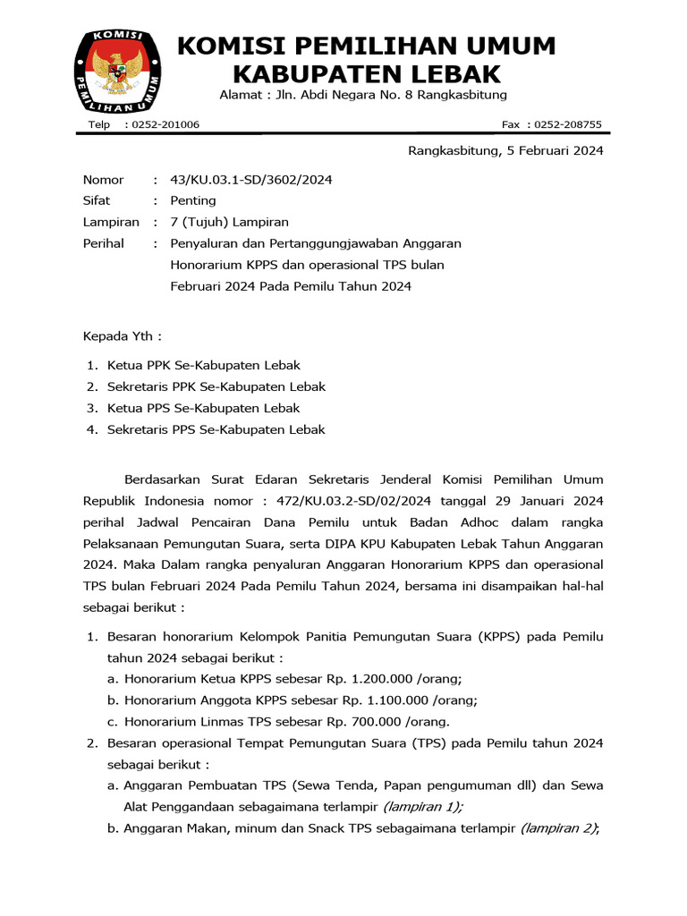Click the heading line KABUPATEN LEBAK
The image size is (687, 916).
pyautogui.click(x=367, y=73)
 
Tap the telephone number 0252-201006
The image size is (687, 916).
pyautogui.click(x=165, y=124)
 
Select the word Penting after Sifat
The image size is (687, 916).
pyautogui.click(x=193, y=200)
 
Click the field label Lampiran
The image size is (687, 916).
pyautogui.click(x=111, y=222)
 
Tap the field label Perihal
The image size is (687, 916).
pyautogui.click(x=104, y=243)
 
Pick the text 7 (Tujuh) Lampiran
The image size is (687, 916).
pyautogui.click(x=229, y=222)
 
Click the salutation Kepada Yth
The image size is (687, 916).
pyautogui.click(x=123, y=336)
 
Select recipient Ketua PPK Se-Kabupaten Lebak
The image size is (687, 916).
pyautogui.click(x=204, y=365)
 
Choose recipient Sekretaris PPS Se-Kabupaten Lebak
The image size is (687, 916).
pyautogui.click(x=216, y=429)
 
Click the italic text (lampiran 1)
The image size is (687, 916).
pyautogui.click(x=423, y=807)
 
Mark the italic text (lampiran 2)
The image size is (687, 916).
pyautogui.click(x=559, y=828)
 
